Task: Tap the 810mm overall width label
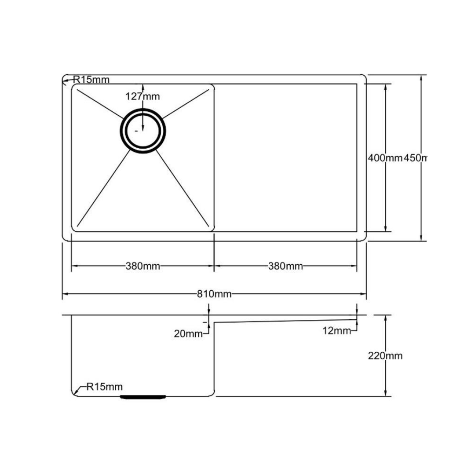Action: tap(214, 294)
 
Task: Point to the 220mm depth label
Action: tap(385, 356)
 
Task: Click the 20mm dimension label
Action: tap(188, 334)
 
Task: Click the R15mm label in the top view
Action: tap(91, 80)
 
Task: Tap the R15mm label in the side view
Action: tap(105, 387)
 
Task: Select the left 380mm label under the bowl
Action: tap(142, 266)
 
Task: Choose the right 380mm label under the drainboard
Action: tap(285, 266)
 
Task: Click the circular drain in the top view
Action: tap(143, 130)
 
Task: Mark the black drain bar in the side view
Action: tap(143, 397)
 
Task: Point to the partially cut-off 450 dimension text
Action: tap(416, 157)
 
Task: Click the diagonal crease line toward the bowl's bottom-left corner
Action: tap(103, 187)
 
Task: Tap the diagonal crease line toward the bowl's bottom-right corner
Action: tap(183, 187)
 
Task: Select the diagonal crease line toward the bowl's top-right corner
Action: tap(187, 103)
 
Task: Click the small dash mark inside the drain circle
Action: tap(136, 131)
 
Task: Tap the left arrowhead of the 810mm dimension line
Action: tap(65, 294)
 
